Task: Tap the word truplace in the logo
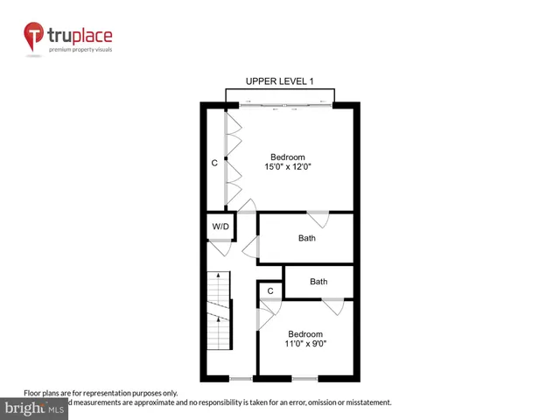pyautogui.click(x=81, y=36)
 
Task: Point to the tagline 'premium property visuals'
pyautogui.click(x=81, y=50)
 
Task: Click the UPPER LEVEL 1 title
pyautogui.click(x=280, y=81)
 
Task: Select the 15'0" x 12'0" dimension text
pyautogui.click(x=288, y=167)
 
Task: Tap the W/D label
pyautogui.click(x=220, y=227)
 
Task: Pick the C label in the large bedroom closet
pyautogui.click(x=214, y=163)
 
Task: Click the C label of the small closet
pyautogui.click(x=270, y=290)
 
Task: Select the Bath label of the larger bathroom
pyautogui.click(x=306, y=238)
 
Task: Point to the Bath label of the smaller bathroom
pyautogui.click(x=318, y=282)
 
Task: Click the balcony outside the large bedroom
pyautogui.click(x=280, y=94)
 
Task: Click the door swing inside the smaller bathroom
pyautogui.click(x=332, y=305)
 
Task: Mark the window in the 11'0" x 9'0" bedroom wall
pyautogui.click(x=304, y=378)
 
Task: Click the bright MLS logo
pyautogui.click(x=35, y=409)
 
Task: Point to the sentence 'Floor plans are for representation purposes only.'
pyautogui.click(x=101, y=393)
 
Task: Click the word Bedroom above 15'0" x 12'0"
pyautogui.click(x=288, y=157)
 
